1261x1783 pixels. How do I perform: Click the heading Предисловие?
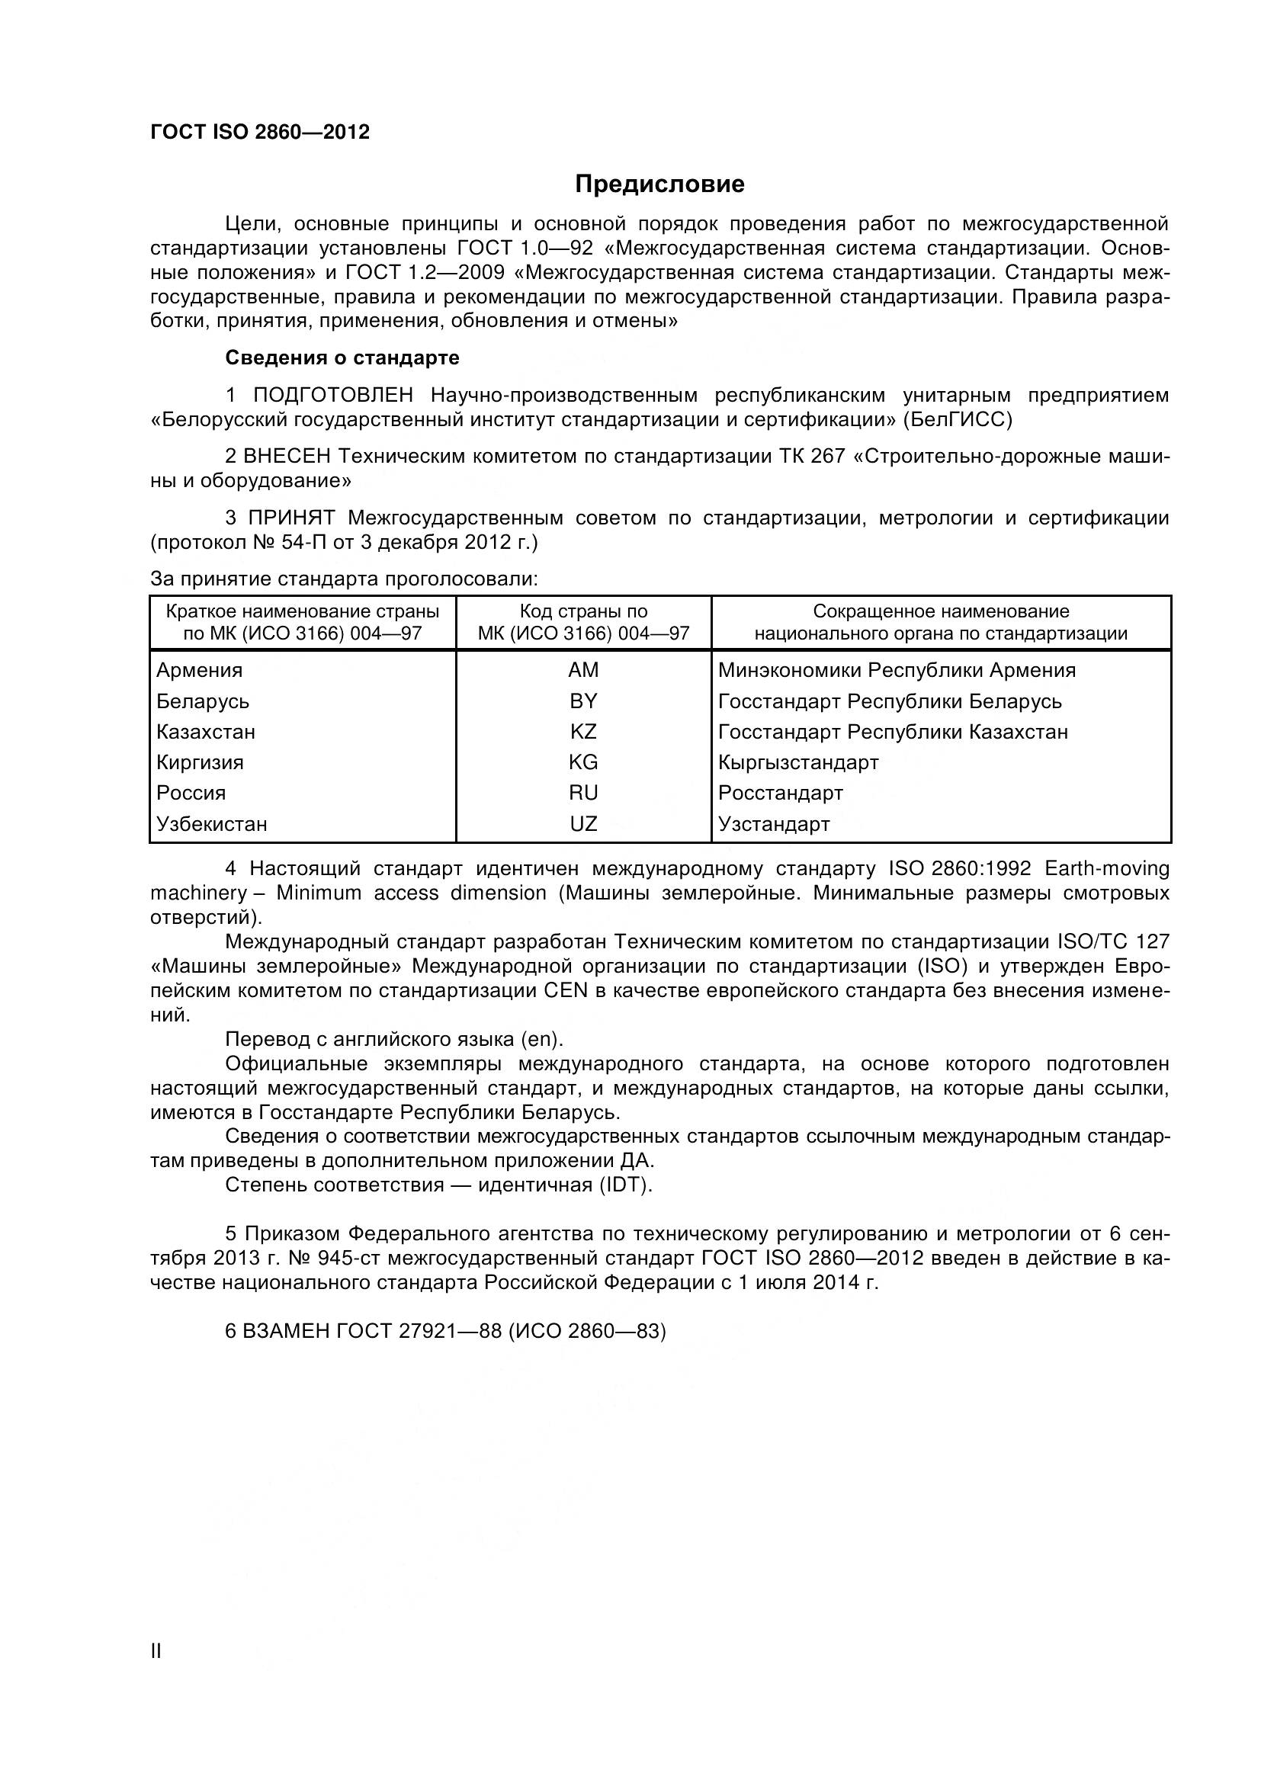[659, 184]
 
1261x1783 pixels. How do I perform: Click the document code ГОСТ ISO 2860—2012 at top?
[259, 132]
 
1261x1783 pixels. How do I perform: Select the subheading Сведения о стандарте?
[342, 358]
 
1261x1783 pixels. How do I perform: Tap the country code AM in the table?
[583, 670]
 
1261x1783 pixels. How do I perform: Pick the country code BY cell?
[583, 701]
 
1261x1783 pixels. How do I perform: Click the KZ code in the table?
[583, 732]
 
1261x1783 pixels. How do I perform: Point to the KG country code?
[583, 762]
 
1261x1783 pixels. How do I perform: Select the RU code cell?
[583, 793]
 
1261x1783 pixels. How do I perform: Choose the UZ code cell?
[583, 824]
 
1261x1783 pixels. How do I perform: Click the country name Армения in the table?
[200, 670]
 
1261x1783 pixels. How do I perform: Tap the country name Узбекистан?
[212, 824]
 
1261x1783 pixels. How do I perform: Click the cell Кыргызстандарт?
[798, 762]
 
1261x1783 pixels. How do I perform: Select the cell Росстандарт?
[781, 793]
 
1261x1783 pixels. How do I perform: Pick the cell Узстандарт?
[774, 824]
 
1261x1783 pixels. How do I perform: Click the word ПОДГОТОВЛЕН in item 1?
[333, 396]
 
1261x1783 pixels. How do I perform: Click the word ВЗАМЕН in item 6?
[286, 1331]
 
